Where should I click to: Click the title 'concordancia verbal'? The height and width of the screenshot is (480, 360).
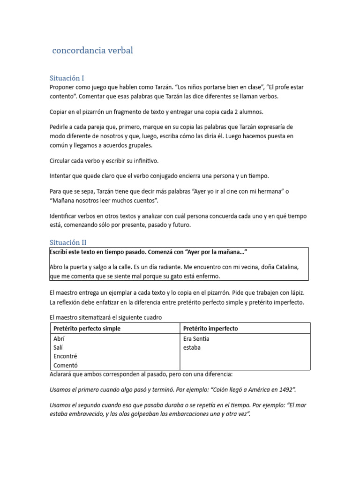tap(93, 51)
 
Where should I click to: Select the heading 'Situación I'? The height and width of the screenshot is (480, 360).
tap(67, 78)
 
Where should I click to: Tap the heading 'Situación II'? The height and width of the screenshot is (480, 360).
tap(68, 242)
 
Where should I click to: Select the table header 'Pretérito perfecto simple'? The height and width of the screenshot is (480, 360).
tap(87, 329)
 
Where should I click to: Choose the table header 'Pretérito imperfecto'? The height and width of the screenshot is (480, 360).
tap(210, 329)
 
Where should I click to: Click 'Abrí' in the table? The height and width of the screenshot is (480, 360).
tap(59, 338)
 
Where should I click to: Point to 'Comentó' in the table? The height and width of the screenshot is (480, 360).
tap(66, 366)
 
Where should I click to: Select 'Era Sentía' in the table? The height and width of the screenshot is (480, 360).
tap(196, 338)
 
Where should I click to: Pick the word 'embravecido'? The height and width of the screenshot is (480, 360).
tap(86, 414)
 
